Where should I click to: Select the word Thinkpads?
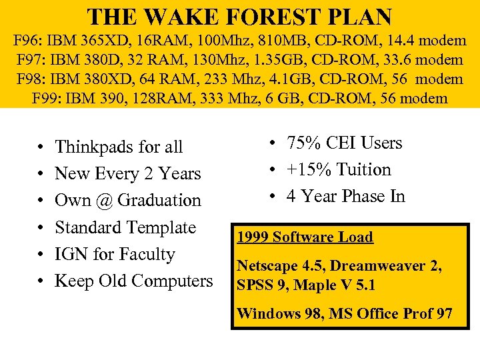[x=94, y=147]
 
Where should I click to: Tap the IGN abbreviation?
[x=71, y=254]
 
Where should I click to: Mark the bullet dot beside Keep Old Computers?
[x=41, y=281]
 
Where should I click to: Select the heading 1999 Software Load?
[x=305, y=237]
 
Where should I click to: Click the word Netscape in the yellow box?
[x=266, y=266]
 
